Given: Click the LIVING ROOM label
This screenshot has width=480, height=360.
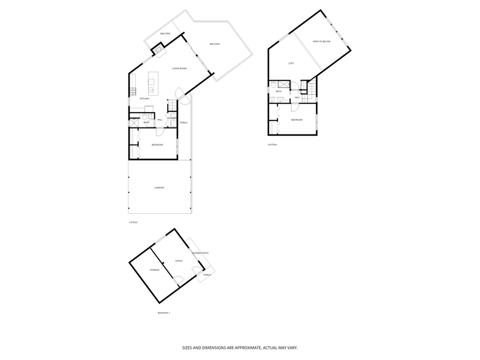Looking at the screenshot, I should pyautogui.click(x=179, y=68).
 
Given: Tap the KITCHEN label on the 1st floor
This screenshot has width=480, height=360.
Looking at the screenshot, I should pyautogui.click(x=144, y=99).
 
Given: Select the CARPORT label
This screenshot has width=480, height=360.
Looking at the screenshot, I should pyautogui.click(x=159, y=188).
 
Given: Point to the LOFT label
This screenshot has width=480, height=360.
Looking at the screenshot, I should pyautogui.click(x=291, y=63).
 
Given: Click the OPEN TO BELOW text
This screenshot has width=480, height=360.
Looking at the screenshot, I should pyautogui.click(x=322, y=41).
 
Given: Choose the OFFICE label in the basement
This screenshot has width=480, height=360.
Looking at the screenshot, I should pyautogui.click(x=179, y=261).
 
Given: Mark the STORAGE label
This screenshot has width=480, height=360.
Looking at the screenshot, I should pyautogui.click(x=155, y=270).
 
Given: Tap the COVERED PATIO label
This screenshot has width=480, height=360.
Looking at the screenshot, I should pyautogui.click(x=200, y=253).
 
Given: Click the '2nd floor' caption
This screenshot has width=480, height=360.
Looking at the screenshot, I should pyautogui.click(x=273, y=145).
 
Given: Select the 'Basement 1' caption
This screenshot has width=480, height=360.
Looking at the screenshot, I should pyautogui.click(x=164, y=313).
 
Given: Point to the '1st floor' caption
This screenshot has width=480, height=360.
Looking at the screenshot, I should pyautogui.click(x=133, y=222).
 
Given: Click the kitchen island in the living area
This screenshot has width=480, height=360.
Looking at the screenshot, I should pyautogui.click(x=152, y=85).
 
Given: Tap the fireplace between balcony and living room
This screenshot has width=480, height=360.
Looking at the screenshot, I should pyautogui.click(x=158, y=50).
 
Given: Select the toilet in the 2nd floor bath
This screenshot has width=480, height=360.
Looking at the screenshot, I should pyautogui.click(x=273, y=85).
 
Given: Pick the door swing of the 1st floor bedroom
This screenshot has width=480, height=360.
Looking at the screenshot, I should pyautogui.click(x=159, y=132).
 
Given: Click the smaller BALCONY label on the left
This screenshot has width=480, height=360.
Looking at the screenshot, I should pyautogui.click(x=165, y=34).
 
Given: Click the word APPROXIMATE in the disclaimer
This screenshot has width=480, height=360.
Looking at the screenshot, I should pyautogui.click(x=244, y=347).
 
